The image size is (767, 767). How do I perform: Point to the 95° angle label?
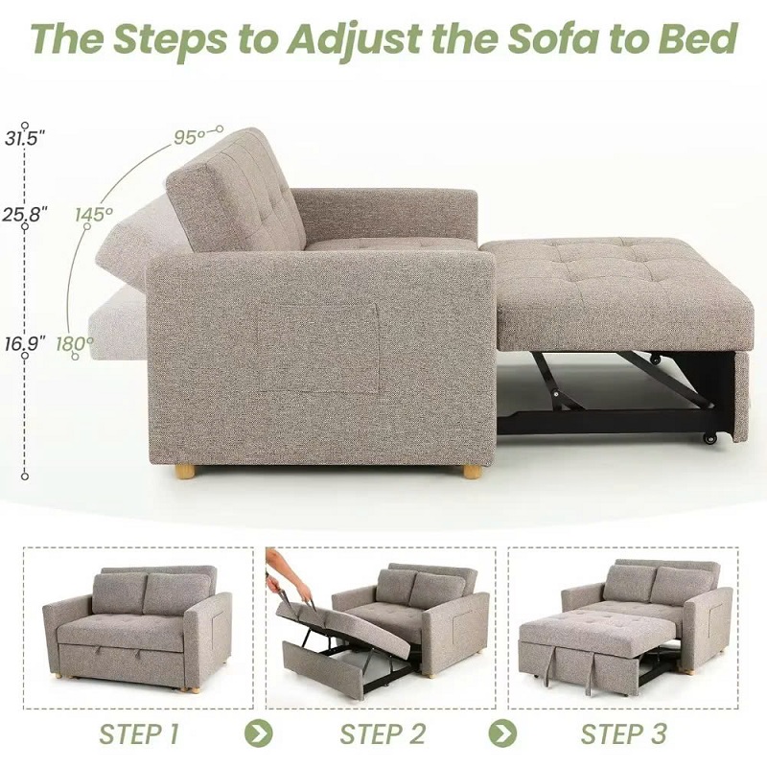pos(190,137)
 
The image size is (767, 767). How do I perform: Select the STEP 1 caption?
pos(138,734)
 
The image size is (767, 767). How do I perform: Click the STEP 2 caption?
pos(382,734)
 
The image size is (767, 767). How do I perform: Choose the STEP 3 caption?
pos(623,734)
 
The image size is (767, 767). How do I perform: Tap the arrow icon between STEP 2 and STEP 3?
pos(500,734)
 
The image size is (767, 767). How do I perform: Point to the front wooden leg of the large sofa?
pos(471,472)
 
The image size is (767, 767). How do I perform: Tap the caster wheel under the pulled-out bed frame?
pos(710,438)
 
